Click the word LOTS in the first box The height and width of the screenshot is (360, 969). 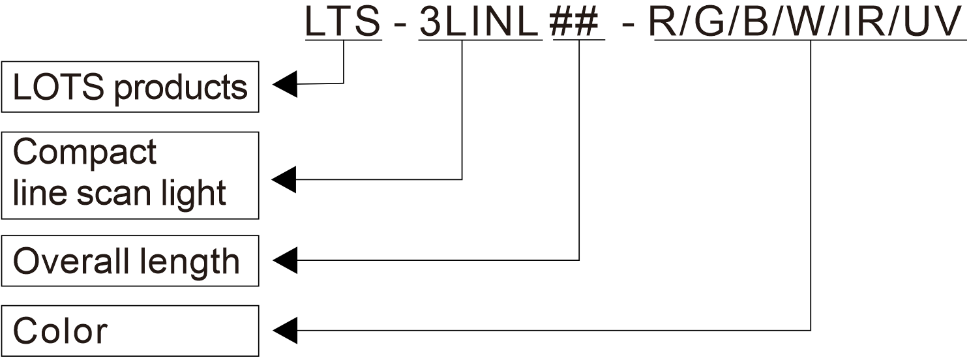click(58, 87)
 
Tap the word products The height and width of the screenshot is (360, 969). click(180, 89)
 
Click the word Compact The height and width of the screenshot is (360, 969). click(85, 154)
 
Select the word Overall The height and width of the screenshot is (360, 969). click(71, 262)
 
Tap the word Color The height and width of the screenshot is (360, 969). click(60, 331)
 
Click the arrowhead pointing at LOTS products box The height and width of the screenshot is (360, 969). click(285, 85)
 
